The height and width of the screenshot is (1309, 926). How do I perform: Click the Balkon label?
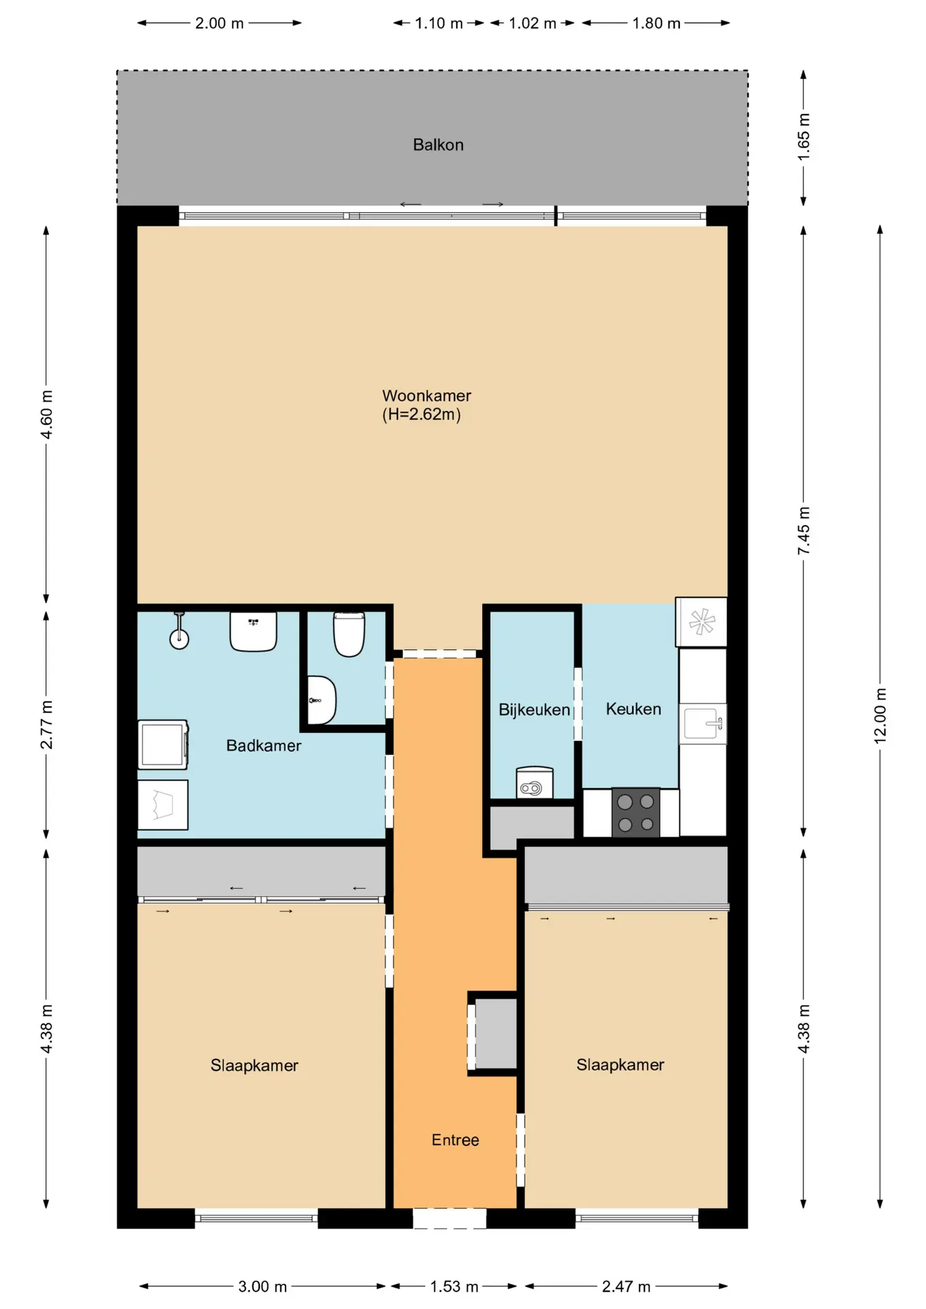(438, 145)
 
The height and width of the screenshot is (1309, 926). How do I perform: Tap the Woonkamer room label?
(427, 395)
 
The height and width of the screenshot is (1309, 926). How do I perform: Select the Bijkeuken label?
(534, 710)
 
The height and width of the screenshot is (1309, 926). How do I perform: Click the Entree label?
(455, 1140)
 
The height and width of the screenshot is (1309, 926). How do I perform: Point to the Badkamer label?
(263, 746)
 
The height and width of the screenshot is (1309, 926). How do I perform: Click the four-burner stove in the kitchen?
(636, 812)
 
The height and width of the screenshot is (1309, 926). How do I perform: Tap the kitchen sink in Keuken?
(703, 723)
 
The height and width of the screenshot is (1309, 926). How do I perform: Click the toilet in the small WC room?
(348, 634)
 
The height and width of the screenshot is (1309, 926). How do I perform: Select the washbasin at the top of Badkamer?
(253, 631)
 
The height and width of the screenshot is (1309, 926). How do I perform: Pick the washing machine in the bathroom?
(163, 744)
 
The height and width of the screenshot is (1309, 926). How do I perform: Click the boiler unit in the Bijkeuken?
(535, 783)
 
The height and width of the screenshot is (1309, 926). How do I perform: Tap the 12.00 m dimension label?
(880, 715)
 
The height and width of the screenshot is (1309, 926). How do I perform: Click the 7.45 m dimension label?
(804, 530)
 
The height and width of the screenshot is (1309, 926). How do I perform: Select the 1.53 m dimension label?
(454, 1287)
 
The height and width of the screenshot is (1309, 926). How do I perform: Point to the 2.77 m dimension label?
(46, 724)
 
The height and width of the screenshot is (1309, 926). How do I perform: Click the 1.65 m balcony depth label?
(804, 137)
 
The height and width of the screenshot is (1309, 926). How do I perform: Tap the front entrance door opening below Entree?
(449, 1218)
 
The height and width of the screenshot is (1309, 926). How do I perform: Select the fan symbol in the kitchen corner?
(701, 622)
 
